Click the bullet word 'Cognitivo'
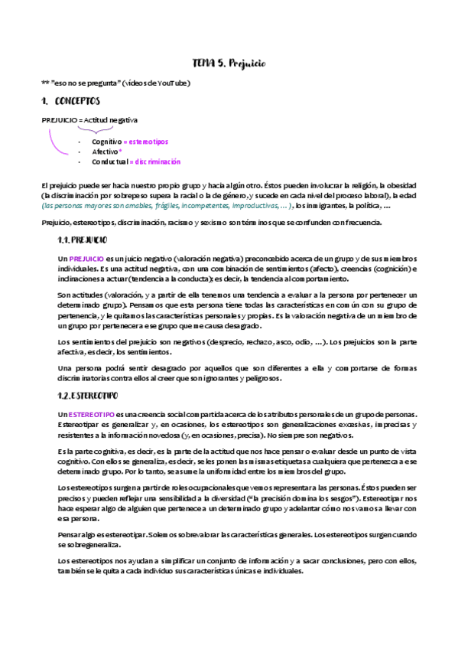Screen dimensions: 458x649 tap(106, 142)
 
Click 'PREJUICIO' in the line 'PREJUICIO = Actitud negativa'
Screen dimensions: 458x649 tap(58, 120)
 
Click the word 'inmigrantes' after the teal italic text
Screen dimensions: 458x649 tap(330, 207)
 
